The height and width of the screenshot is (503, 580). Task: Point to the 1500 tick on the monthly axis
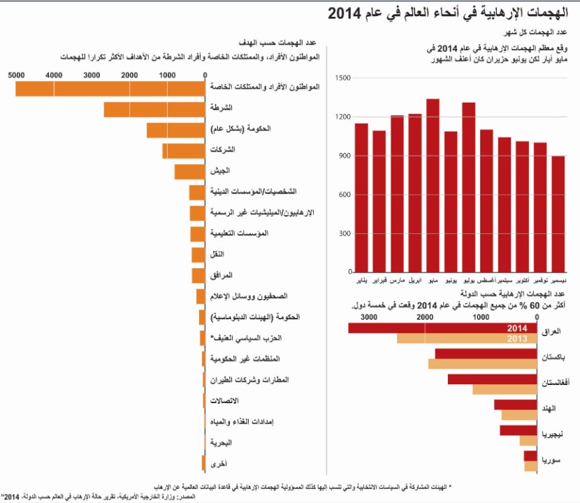[342, 78]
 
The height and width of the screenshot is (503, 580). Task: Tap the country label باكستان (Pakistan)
[554, 357]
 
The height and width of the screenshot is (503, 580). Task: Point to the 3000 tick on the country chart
[369, 317]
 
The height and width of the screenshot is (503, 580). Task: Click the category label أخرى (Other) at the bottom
[218, 463]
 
